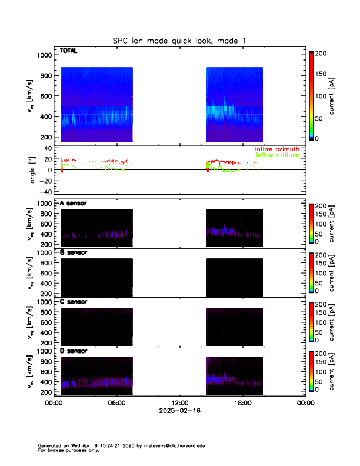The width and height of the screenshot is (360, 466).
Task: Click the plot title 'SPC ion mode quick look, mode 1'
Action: tap(179, 41)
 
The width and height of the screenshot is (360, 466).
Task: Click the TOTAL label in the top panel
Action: tap(69, 51)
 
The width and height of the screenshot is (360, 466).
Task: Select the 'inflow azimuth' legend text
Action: tap(277, 149)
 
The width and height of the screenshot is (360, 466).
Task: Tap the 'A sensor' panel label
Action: tap(74, 203)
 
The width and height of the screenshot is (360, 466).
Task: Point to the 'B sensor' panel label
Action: tap(74, 252)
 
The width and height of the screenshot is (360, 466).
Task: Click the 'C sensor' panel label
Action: tap(74, 302)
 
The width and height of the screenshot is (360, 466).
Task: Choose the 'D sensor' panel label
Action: tap(74, 351)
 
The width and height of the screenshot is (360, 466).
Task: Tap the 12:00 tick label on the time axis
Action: tap(179, 403)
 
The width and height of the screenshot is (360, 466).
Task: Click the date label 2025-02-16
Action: tap(179, 411)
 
